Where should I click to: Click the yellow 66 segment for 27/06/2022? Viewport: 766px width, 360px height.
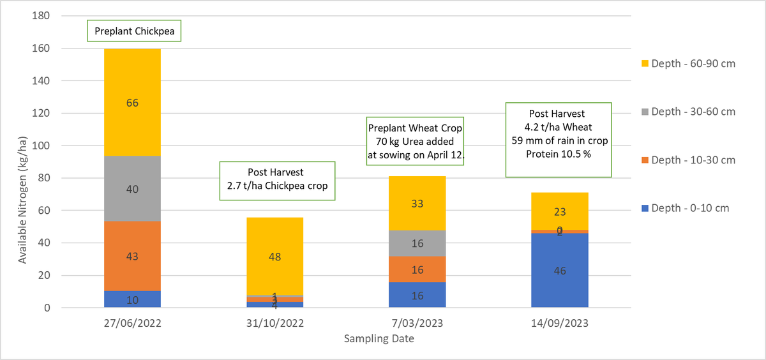pos(132,102)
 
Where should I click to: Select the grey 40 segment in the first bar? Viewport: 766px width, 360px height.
pos(132,189)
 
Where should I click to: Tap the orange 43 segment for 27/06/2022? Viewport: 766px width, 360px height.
pos(132,256)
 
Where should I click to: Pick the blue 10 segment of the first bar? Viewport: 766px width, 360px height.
pos(132,300)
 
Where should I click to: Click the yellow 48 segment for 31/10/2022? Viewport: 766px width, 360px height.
pos(275,257)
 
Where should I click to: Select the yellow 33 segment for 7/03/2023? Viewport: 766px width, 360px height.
pos(417,204)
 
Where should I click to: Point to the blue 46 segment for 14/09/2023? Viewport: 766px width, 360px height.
pos(560,271)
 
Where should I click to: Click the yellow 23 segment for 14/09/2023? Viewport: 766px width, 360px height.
pos(560,211)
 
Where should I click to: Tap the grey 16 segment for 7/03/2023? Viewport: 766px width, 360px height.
pos(417,243)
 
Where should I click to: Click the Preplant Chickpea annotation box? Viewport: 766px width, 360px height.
pos(135,31)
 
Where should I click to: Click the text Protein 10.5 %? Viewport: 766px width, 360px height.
pos(559,153)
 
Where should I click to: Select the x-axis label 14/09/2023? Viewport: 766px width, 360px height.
pos(560,324)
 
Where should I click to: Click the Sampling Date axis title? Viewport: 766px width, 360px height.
pos(379,339)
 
